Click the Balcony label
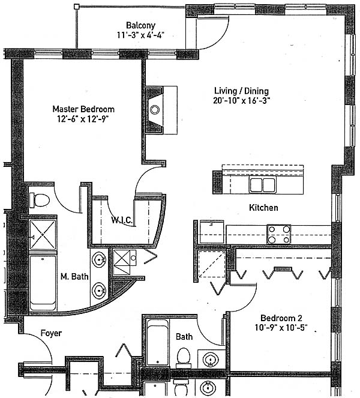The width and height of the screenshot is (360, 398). point(140,25)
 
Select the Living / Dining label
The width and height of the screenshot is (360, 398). point(241,91)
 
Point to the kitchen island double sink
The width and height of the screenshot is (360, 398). point(262,185)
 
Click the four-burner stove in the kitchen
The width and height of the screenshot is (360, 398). point(279,234)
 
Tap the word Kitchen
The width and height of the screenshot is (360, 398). point(263,208)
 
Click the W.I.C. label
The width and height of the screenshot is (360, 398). point(122,220)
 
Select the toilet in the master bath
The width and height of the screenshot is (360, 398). point(40,200)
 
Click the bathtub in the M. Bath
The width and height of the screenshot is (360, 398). point(43,283)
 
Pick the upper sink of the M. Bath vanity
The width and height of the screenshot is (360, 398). point(99,259)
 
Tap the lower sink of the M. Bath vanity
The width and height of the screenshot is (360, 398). point(99,290)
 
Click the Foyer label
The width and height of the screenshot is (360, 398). point(51,333)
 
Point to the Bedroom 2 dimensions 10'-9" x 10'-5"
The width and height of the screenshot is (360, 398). point(281,328)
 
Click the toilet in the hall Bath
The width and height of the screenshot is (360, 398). point(184,358)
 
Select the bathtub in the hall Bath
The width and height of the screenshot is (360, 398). point(158,342)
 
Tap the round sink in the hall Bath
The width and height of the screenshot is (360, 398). point(211,360)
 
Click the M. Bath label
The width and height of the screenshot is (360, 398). point(74,276)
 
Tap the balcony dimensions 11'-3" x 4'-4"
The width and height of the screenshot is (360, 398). point(140,35)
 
